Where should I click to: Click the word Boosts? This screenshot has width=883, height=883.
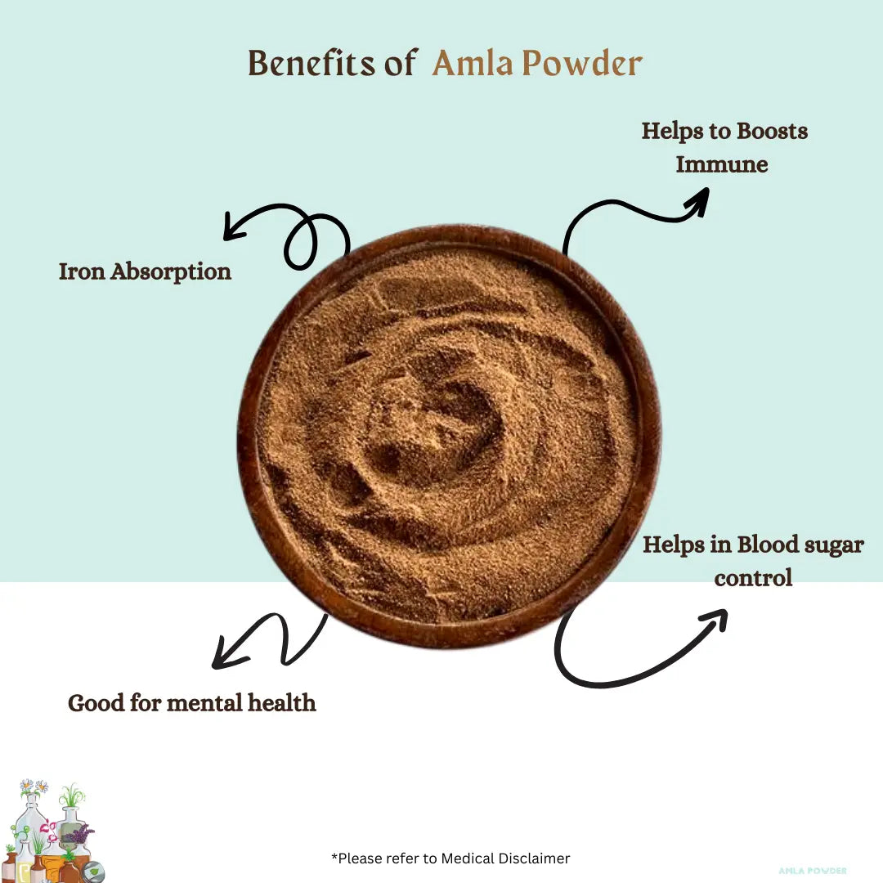[x=772, y=131]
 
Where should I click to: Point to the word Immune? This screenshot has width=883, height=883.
[x=722, y=164]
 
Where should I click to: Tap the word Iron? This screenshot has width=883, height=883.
[x=82, y=271]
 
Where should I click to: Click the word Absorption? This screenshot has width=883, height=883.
[x=171, y=272]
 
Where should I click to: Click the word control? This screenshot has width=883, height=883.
[x=753, y=578]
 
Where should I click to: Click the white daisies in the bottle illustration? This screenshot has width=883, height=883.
[x=34, y=787]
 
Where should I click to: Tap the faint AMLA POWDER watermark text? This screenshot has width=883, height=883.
[x=812, y=871]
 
